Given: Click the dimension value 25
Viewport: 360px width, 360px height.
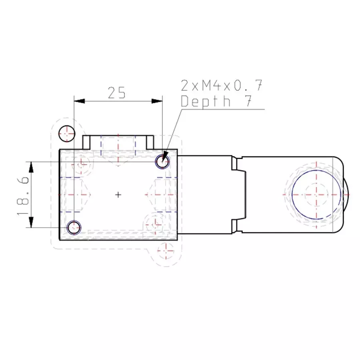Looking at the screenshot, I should tap(116, 93).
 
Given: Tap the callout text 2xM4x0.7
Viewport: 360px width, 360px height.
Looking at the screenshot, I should tap(222, 86).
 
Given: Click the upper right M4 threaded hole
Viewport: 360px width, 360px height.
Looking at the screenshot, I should tap(162, 162).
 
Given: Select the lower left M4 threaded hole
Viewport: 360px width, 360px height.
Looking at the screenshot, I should tap(74, 227).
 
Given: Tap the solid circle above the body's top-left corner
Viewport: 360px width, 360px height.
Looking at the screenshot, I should tap(66, 133).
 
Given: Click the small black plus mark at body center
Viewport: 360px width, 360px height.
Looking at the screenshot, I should tap(118, 194).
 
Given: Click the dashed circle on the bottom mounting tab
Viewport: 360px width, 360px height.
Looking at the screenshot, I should tap(166, 251).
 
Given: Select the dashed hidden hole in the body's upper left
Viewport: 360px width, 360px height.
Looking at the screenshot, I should tap(82, 163).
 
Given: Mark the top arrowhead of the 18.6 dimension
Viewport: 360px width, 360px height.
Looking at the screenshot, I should tap(31, 166).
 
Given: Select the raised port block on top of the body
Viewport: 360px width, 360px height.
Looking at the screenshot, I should tap(118, 142).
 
